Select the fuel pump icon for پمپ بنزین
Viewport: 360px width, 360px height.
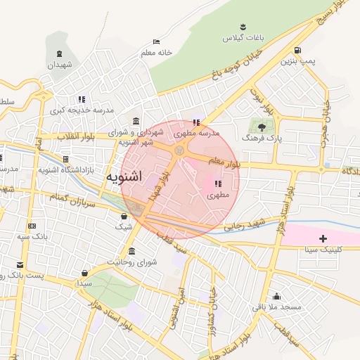298,51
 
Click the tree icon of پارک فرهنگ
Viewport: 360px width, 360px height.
262,127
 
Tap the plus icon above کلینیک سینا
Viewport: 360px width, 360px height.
323,239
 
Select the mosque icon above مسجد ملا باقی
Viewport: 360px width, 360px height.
277,296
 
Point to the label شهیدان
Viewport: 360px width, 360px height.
60,65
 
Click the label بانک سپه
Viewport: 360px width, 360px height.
32,236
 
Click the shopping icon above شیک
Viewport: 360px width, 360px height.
124,216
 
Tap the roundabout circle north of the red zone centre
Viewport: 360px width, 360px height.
181,149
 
